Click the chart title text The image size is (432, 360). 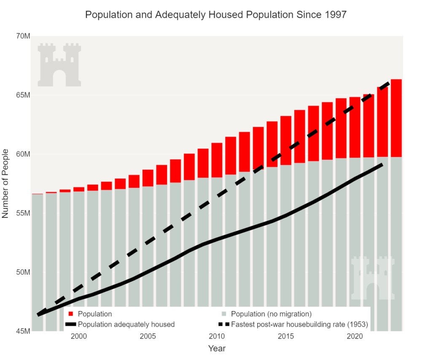point(216,15)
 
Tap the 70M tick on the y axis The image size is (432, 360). point(22,36)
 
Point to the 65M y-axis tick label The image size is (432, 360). point(22,95)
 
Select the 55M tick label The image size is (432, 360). point(22,213)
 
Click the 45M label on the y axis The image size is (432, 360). point(22,331)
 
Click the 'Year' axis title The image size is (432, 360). point(217,349)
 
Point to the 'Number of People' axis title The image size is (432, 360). point(5,183)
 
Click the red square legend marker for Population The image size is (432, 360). point(70,314)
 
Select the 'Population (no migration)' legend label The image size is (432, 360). point(271,314)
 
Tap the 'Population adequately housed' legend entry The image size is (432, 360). point(126,325)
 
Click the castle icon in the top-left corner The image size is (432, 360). point(59,65)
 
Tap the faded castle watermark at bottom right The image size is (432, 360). point(373,277)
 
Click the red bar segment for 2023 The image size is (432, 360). point(396,118)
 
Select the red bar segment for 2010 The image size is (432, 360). point(217,160)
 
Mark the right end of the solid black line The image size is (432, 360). point(382,164)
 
